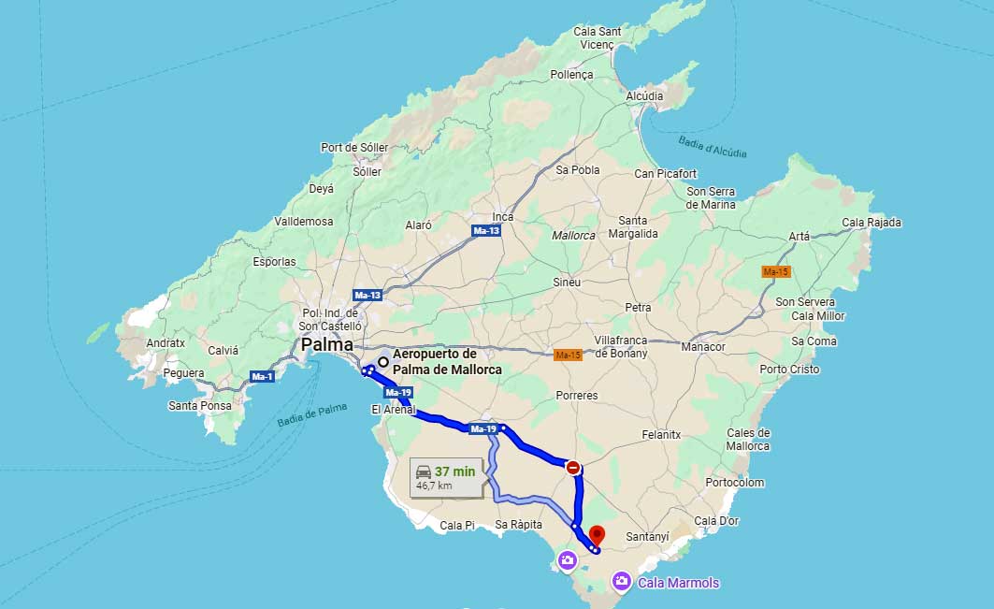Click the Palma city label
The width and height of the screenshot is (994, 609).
(327, 344)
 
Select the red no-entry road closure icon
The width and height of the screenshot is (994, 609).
(573, 467)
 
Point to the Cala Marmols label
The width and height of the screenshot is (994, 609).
(679, 583)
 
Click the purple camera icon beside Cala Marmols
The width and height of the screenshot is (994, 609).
(622, 583)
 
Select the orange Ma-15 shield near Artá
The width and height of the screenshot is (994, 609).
(776, 271)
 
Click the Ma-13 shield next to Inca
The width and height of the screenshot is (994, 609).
(486, 230)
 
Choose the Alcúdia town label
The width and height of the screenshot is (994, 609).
(644, 95)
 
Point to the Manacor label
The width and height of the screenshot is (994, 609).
(703, 346)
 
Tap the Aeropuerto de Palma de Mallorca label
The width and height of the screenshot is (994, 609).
(446, 362)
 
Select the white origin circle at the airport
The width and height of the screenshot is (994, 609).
(383, 361)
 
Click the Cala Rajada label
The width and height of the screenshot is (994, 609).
(872, 223)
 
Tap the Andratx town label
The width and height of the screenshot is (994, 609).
(166, 343)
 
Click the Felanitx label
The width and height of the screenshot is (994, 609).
(662, 435)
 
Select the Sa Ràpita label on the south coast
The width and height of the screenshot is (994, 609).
(519, 525)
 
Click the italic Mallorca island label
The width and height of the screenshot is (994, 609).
(573, 236)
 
